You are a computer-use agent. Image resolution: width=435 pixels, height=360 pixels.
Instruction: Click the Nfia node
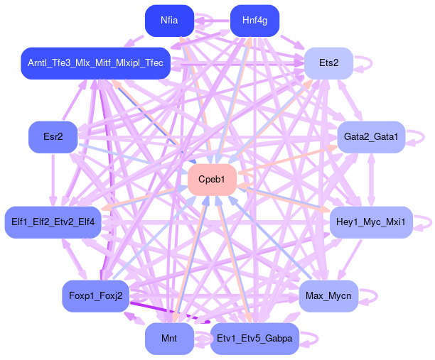(169, 21)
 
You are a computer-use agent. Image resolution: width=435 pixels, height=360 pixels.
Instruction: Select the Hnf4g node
(254, 21)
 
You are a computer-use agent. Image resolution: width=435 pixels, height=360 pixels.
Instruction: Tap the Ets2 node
(328, 63)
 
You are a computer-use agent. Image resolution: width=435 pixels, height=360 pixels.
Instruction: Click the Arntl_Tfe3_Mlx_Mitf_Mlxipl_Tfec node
(95, 63)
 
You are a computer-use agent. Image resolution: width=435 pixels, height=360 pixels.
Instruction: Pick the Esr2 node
(52, 136)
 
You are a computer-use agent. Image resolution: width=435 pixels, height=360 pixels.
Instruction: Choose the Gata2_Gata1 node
(370, 136)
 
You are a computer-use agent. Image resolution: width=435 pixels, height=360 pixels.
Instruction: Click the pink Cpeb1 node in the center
(212, 179)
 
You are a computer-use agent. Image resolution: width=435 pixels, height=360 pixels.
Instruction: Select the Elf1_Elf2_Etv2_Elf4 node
(53, 222)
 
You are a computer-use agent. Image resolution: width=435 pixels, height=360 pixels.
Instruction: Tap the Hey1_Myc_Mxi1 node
(371, 222)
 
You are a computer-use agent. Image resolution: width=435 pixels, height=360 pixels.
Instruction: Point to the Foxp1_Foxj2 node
(95, 295)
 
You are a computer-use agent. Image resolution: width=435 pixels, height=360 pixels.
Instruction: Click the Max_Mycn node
(328, 295)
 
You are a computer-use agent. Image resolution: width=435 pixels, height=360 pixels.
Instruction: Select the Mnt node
(169, 338)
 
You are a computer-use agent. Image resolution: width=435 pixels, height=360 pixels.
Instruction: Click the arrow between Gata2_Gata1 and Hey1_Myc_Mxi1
(371, 179)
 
